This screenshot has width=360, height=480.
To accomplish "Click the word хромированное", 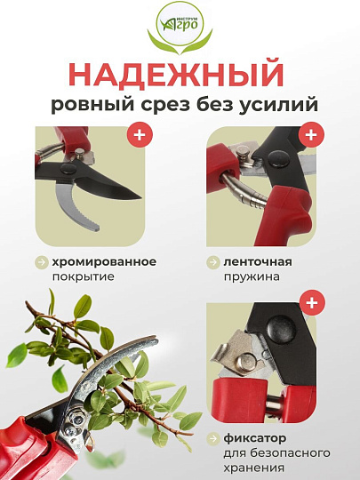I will [105, 262].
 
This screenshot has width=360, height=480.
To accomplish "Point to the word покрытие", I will [84, 276].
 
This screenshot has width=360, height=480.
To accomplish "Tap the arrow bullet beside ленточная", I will [214, 262].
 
